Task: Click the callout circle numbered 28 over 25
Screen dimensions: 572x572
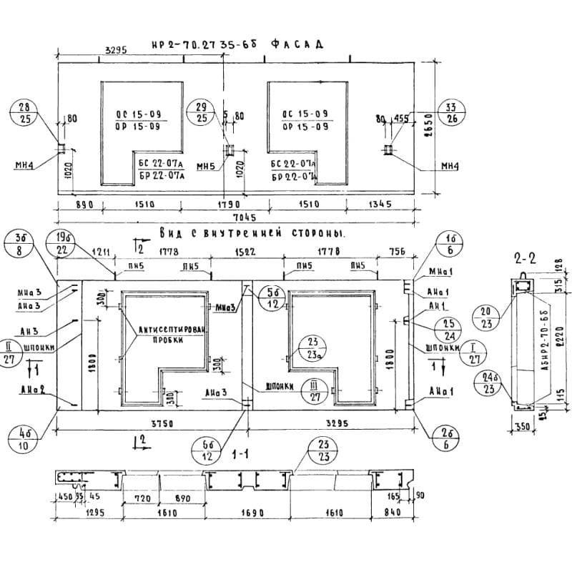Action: [25, 113]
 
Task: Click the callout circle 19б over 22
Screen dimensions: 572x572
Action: [62, 243]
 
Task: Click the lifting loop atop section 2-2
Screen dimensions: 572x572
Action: [526, 274]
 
